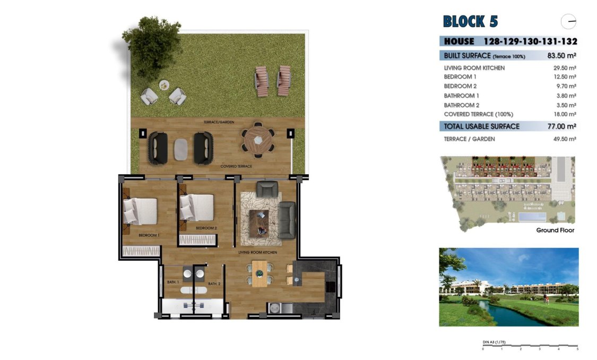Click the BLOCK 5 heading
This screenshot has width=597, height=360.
coord(471,22)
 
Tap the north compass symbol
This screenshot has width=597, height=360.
coord(568,22)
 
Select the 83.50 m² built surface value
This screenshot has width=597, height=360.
coord(561,56)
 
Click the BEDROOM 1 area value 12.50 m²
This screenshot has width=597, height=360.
coord(565,77)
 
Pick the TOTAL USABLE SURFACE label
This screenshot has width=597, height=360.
coord(481,126)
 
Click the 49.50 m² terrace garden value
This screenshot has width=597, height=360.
coord(565,139)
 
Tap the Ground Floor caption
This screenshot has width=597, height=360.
coord(555,230)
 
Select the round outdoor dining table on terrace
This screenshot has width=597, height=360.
coord(258,140)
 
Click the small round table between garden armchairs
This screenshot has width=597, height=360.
coord(163,84)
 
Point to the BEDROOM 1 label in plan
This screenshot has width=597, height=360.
coord(149,235)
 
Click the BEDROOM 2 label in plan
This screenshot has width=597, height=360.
coord(206,228)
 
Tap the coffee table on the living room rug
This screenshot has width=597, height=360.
coord(258,222)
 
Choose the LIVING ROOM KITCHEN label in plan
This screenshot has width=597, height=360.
coord(257,253)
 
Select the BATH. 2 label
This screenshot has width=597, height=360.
coord(214,284)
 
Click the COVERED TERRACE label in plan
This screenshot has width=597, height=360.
coord(236,166)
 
